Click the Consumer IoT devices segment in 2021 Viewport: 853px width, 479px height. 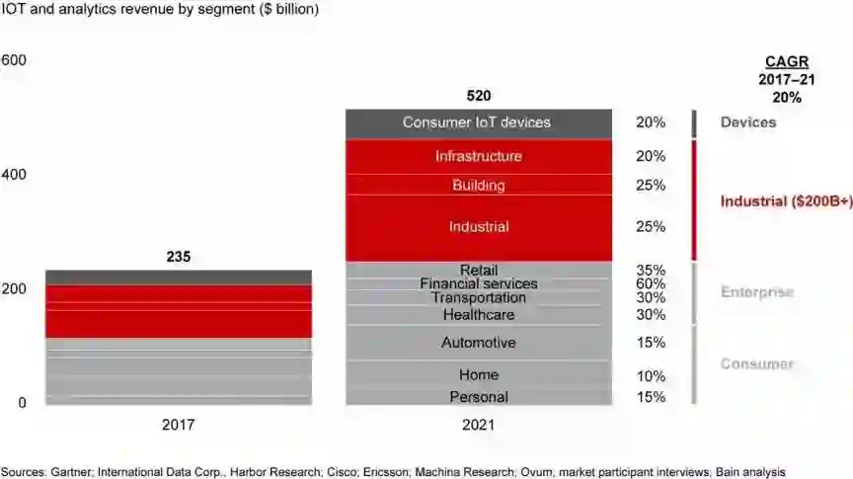click(x=477, y=122)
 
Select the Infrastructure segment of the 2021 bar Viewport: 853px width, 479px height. click(x=479, y=156)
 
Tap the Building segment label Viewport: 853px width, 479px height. click(x=479, y=185)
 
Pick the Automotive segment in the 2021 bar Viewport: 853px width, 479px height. click(x=479, y=343)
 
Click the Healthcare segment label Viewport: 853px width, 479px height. click(x=479, y=315)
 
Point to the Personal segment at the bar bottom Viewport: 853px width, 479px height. click(x=479, y=397)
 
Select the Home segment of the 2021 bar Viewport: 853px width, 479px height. click(x=479, y=375)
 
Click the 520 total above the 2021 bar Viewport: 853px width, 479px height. click(x=479, y=96)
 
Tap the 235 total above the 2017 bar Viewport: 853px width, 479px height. click(x=179, y=258)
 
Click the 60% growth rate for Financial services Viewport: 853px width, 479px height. click(x=651, y=284)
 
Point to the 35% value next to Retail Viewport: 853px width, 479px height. click(x=651, y=271)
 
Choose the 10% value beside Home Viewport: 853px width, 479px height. click(x=651, y=376)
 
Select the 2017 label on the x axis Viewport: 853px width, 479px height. click(x=179, y=426)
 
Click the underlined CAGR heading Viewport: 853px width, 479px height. click(x=786, y=61)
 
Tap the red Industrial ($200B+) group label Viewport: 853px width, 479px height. click(x=786, y=201)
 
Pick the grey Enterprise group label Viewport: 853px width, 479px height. click(x=757, y=292)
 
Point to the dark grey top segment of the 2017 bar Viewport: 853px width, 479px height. click(x=179, y=278)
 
